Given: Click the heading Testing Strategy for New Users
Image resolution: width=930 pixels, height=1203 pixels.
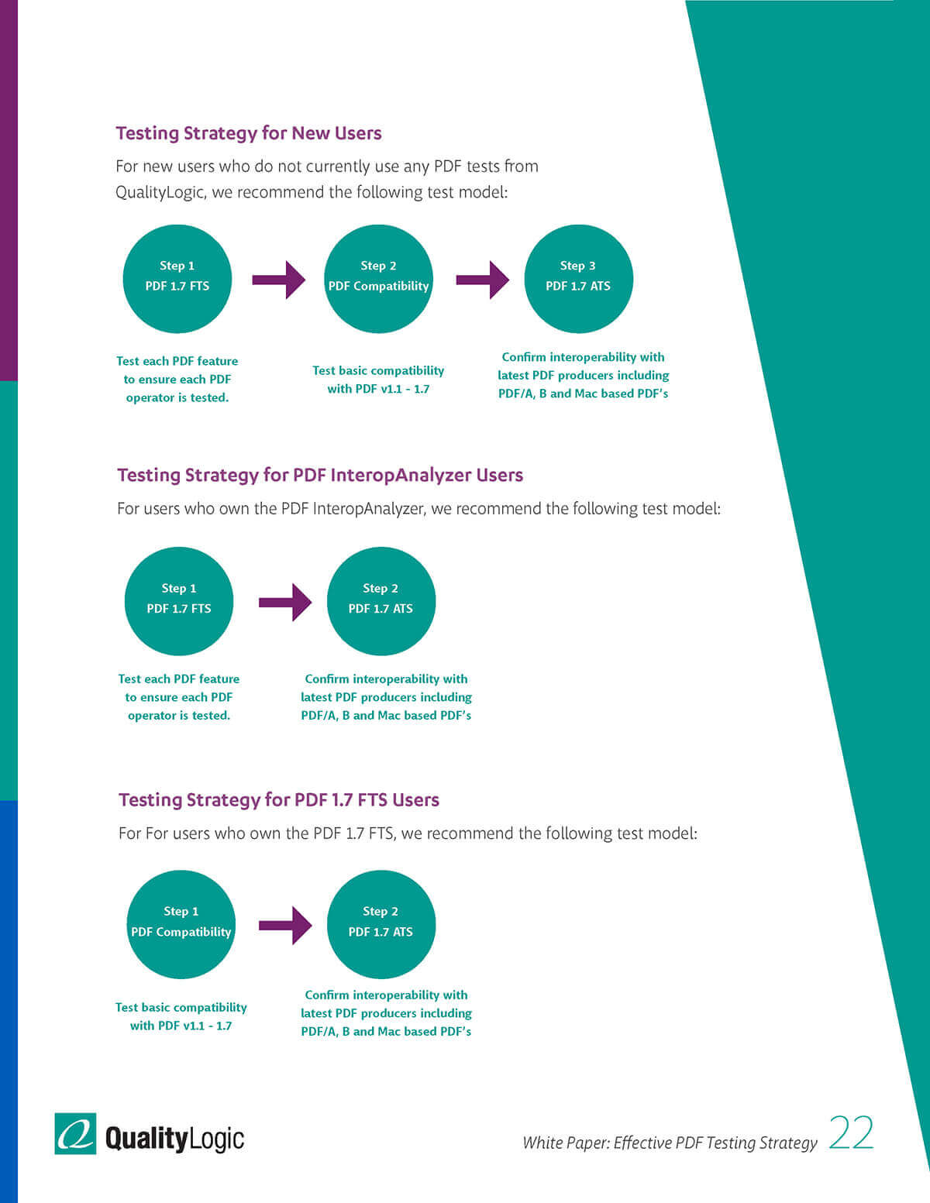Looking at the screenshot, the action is coord(249,133).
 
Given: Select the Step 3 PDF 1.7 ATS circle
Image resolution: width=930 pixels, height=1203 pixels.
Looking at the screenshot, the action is coord(578,279).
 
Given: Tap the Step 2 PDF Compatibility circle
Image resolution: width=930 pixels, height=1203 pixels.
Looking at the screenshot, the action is coord(378,279).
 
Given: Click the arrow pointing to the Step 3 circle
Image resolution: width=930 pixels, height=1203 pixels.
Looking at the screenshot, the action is coord(483,280).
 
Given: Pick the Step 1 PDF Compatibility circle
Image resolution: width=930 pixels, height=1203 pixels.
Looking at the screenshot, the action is coord(181,925).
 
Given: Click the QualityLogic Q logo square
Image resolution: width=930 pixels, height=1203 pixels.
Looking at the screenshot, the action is coord(75,1133).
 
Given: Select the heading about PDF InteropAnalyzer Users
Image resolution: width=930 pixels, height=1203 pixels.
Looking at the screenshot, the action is coord(320,476).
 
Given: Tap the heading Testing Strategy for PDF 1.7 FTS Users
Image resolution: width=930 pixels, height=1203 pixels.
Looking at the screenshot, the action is coord(279,800).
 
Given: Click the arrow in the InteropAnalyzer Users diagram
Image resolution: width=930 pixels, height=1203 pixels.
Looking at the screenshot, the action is coord(285,602).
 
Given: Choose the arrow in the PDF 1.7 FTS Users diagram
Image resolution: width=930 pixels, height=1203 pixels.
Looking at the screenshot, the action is coord(285,925).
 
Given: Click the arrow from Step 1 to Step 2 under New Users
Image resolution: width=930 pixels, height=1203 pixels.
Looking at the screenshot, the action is coord(278,280).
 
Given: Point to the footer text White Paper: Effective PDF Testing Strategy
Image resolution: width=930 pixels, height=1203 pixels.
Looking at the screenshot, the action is coord(670,1143).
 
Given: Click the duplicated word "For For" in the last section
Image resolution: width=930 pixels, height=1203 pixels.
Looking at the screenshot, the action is coord(143,834).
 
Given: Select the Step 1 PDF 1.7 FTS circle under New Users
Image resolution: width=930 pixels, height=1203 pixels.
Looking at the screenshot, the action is coord(177,279).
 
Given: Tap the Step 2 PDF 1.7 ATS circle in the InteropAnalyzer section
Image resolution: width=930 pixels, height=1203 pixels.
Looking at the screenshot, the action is coord(381,601).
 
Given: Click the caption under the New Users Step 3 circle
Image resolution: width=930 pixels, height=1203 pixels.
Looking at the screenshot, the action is coord(584,376).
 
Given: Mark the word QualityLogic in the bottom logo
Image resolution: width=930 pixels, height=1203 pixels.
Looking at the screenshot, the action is coord(174,1139).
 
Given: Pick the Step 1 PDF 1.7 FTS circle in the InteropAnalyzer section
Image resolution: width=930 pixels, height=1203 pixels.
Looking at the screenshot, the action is coord(179,601).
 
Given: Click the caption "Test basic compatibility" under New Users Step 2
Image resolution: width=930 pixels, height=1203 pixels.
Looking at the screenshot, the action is coord(378,370).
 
